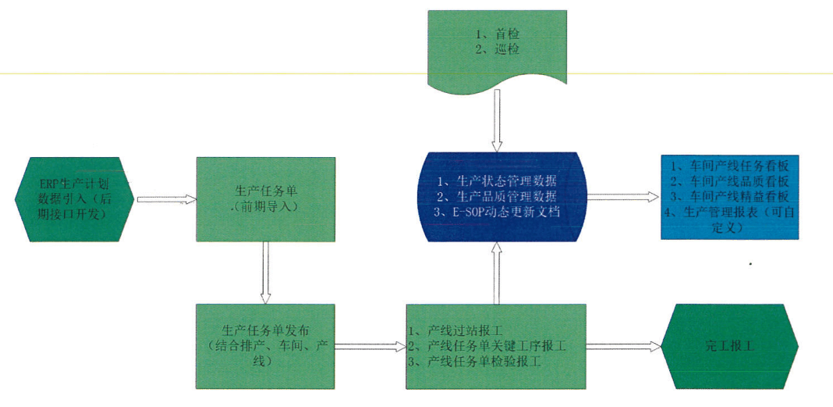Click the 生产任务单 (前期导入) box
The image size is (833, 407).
[266, 198]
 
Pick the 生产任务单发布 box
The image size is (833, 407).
[266, 345]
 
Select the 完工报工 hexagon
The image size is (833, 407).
[729, 345]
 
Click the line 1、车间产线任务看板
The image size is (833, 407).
[731, 166]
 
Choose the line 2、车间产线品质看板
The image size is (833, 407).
[731, 181]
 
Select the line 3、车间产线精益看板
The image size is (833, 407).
[731, 196]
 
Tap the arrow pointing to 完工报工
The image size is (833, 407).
[623, 345]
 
